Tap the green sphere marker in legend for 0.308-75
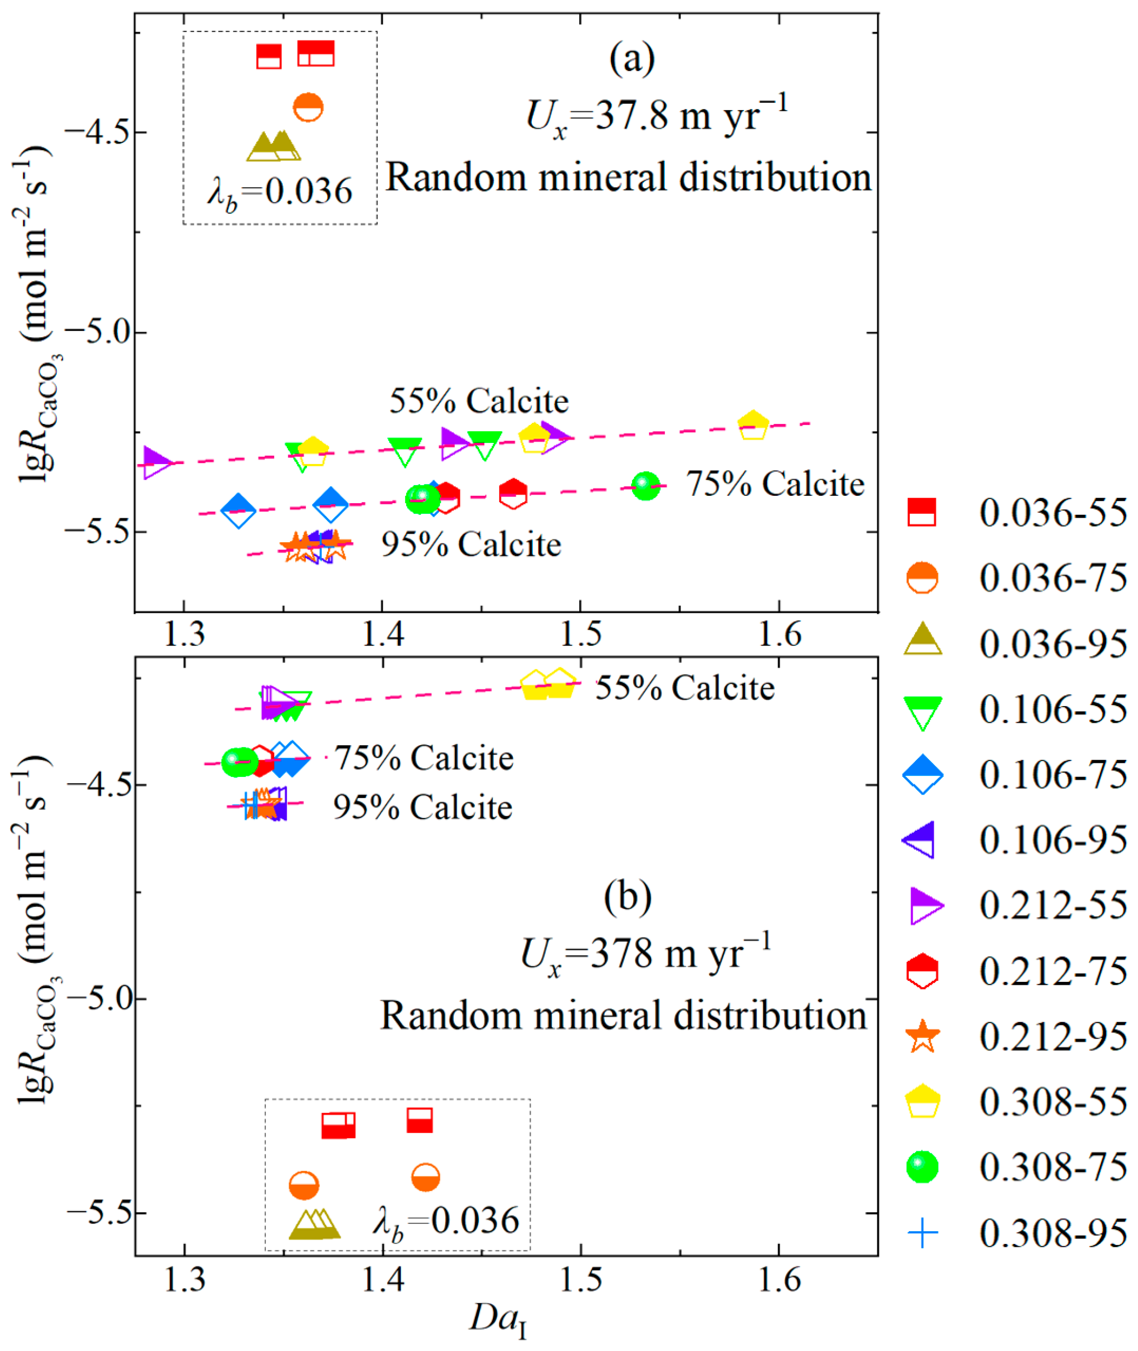[922, 1167]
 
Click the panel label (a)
[632, 58]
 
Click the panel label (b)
[628, 897]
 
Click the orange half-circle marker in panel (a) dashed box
[308, 108]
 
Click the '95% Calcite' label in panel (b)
[422, 807]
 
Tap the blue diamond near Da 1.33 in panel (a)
[238, 509]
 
